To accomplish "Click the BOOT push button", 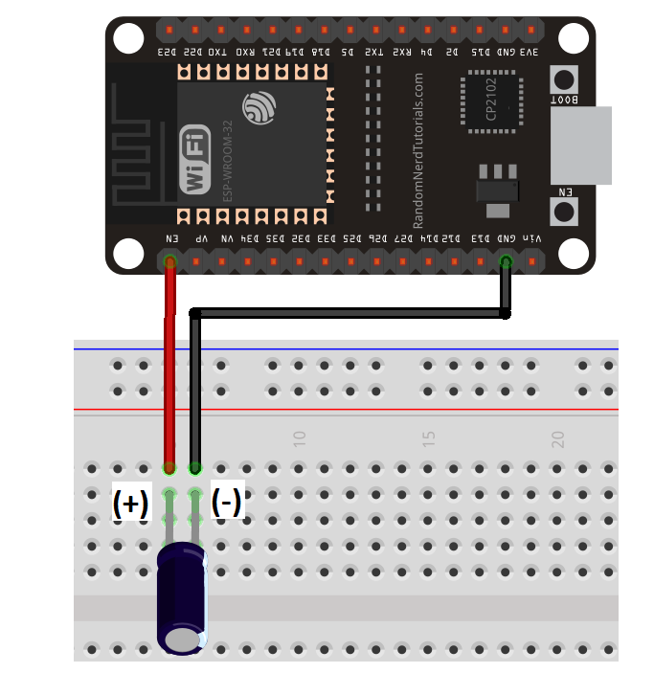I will [565, 79].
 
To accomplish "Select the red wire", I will [170, 364].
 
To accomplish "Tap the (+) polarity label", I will [130, 504].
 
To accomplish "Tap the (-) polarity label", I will [226, 502].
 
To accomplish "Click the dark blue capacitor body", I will [182, 598].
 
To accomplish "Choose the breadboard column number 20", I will [557, 439].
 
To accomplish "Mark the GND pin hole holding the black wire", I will [506, 261].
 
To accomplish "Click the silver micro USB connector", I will [581, 146].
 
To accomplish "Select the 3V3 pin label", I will [529, 54].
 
